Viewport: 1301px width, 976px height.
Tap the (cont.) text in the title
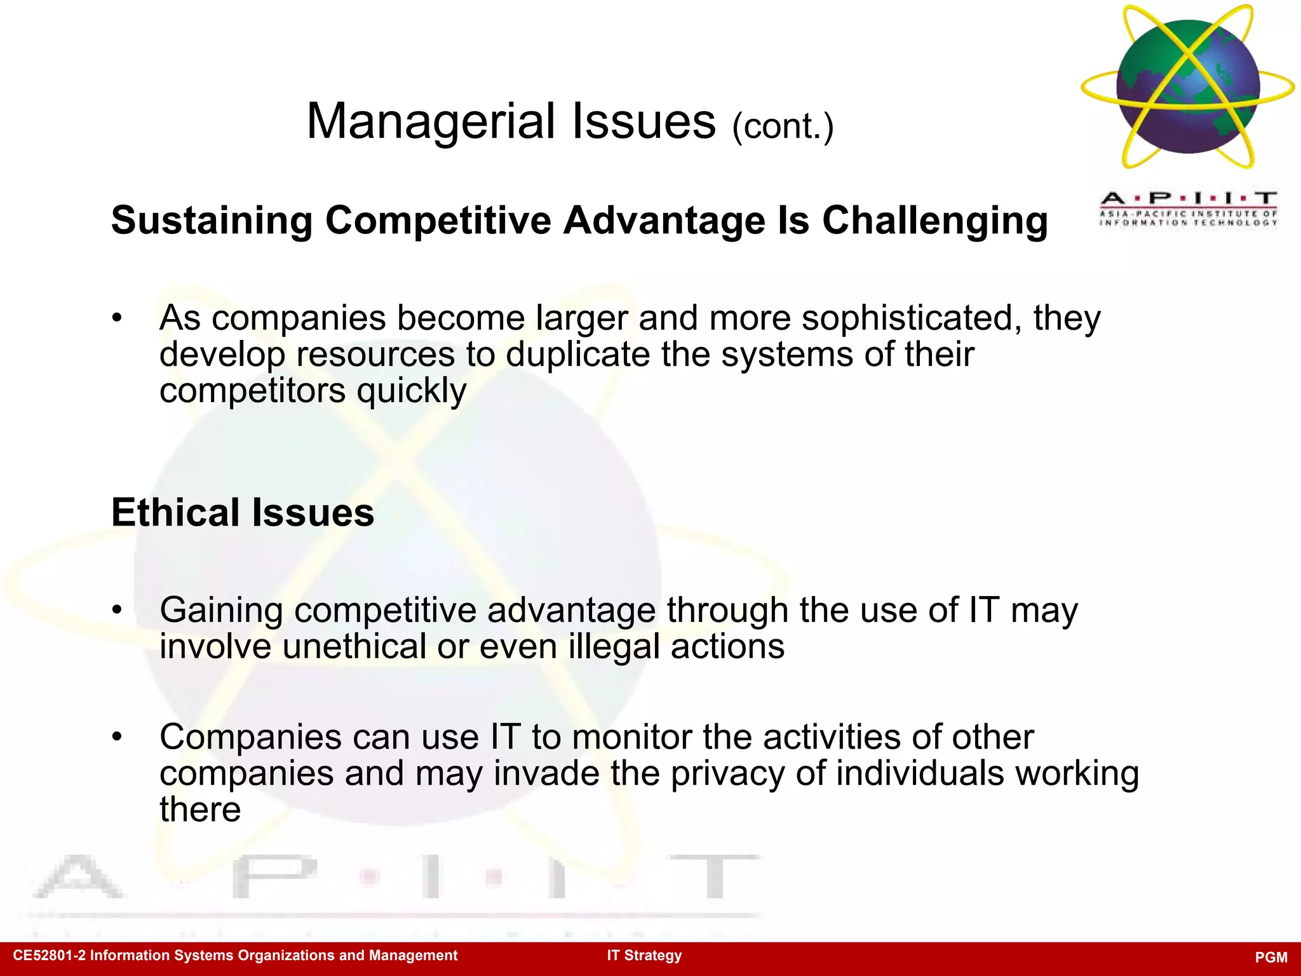[x=782, y=126]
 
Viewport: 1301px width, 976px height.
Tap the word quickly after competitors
[x=411, y=391]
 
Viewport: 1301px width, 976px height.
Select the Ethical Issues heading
[x=243, y=512]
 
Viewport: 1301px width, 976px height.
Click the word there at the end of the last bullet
[x=200, y=810]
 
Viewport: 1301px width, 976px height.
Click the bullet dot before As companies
[x=116, y=318]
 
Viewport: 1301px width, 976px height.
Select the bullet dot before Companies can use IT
[x=116, y=737]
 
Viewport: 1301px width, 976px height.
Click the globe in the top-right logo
[x=1187, y=86]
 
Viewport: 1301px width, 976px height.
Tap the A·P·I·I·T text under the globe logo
[x=1187, y=198]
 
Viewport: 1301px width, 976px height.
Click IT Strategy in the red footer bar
[x=644, y=955]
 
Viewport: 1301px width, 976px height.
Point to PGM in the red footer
[x=1271, y=957]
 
